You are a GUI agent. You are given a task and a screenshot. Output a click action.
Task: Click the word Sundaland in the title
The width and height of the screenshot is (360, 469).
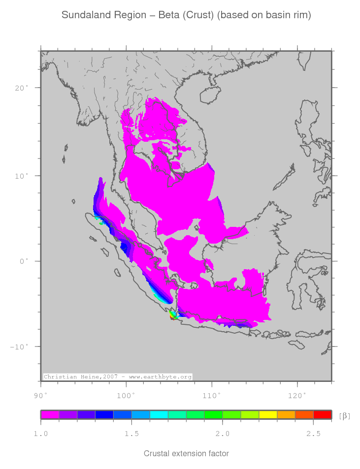tap(83, 15)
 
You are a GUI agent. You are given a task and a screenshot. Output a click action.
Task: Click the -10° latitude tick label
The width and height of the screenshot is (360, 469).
tap(19, 346)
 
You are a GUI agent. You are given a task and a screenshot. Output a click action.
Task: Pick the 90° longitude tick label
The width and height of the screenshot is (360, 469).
tap(40, 395)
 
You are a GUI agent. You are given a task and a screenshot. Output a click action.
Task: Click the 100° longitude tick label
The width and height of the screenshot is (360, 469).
tap(126, 395)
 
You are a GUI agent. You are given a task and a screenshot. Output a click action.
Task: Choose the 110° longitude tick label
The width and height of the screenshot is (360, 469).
tap(211, 395)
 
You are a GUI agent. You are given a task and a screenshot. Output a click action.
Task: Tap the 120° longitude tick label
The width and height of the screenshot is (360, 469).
tap(297, 395)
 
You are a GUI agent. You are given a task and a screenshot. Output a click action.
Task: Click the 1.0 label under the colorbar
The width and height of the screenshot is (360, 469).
tap(40, 434)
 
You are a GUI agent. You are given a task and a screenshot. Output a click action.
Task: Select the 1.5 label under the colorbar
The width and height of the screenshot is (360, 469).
tap(131, 434)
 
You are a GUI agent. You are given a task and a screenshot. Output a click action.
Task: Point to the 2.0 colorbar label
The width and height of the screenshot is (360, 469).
tap(223, 434)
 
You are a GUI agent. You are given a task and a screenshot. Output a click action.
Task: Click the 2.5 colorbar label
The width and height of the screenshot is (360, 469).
tap(313, 434)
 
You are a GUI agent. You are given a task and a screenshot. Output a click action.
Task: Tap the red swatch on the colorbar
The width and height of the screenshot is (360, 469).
tap(322, 415)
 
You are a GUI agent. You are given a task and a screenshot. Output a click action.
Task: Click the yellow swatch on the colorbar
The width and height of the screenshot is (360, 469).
tap(268, 415)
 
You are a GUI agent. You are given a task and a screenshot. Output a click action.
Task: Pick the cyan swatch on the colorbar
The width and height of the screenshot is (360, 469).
tap(159, 415)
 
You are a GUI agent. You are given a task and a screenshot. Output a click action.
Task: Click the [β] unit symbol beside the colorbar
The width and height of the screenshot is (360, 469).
tap(345, 416)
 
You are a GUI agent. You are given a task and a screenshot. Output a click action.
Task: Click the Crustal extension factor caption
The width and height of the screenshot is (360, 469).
tap(186, 453)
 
